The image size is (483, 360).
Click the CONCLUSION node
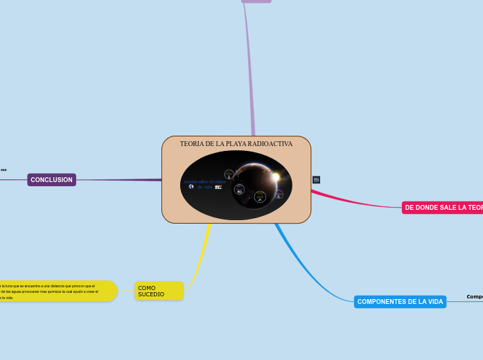51,180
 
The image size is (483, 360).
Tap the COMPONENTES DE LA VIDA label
400,302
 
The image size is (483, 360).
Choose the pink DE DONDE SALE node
442,208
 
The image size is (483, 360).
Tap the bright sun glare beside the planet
276,177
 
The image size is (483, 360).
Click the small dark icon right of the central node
317,180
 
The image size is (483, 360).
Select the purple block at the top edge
256,1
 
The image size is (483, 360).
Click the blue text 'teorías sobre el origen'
200,181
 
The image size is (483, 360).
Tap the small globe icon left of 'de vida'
191,187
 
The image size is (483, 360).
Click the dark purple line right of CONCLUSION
118,180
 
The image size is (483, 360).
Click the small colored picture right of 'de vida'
218,187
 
